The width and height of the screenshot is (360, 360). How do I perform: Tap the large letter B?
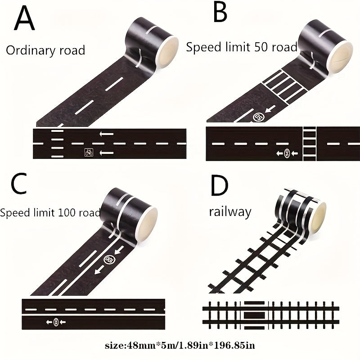pos(220,13)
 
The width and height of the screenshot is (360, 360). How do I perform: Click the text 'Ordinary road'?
pos(45,50)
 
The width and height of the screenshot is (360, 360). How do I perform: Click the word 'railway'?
pos(229,211)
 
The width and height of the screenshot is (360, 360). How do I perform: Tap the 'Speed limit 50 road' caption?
pos(242,46)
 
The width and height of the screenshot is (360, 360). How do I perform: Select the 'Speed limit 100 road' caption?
pos(50,212)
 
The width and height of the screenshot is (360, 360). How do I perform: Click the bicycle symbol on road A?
pos(89,153)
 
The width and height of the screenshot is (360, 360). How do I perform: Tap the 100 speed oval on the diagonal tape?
pos(109,259)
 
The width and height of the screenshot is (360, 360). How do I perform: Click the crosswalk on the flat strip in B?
pos(309,144)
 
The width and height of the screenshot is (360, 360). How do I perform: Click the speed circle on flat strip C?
pos(55,322)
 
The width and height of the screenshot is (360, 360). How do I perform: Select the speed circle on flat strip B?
pos(287,154)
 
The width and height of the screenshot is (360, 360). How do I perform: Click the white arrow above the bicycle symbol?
pos(107,134)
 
